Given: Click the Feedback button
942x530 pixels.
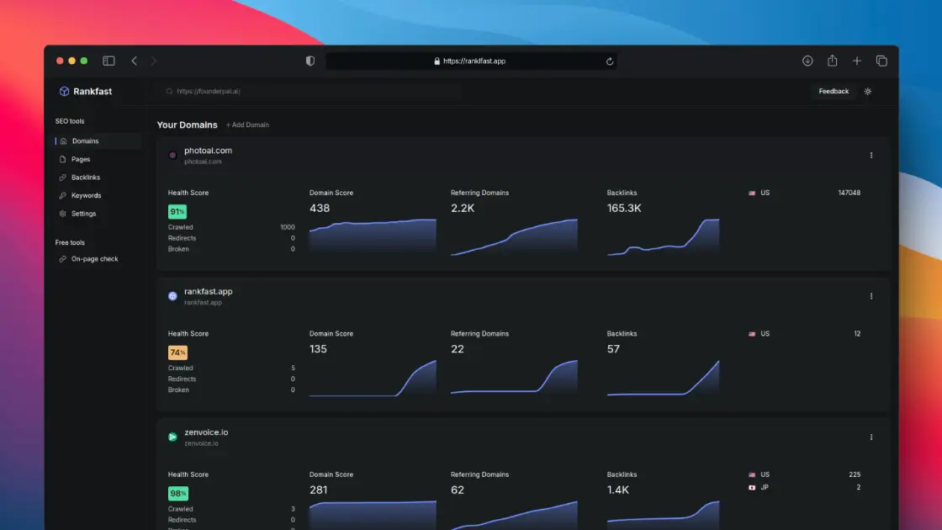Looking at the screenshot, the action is pyautogui.click(x=834, y=92).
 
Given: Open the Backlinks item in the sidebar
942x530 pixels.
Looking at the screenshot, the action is pyautogui.click(x=85, y=178).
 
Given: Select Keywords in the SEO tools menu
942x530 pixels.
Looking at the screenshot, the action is pyautogui.click(x=86, y=195).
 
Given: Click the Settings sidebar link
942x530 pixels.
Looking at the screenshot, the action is pyautogui.click(x=83, y=214).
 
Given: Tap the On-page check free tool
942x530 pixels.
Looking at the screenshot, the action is pyautogui.click(x=94, y=259).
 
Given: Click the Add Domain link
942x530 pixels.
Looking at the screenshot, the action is pyautogui.click(x=247, y=125).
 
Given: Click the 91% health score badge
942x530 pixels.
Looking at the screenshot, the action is pyautogui.click(x=177, y=211).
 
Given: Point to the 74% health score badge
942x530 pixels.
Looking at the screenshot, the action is pyautogui.click(x=177, y=352).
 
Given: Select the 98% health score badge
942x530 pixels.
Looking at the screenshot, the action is pyautogui.click(x=177, y=493).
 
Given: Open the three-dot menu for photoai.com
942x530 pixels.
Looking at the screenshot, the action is pyautogui.click(x=871, y=155).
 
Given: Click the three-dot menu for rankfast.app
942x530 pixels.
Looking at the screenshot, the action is pyautogui.click(x=871, y=296).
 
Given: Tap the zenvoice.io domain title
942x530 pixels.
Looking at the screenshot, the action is pyautogui.click(x=206, y=432).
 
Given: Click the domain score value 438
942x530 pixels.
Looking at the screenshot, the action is pyautogui.click(x=320, y=208).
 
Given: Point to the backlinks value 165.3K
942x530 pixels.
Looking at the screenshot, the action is pyautogui.click(x=624, y=208).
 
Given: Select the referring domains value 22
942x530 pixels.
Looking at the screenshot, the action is pyautogui.click(x=458, y=349).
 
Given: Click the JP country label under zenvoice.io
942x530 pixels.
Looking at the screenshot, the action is pyautogui.click(x=765, y=487).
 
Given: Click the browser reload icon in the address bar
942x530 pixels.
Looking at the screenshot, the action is pyautogui.click(x=609, y=61).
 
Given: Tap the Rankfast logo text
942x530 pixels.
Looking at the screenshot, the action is pyautogui.click(x=93, y=92).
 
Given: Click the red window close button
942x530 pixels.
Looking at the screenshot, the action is pyautogui.click(x=60, y=61).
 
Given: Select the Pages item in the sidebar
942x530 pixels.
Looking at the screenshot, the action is pyautogui.click(x=81, y=159).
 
